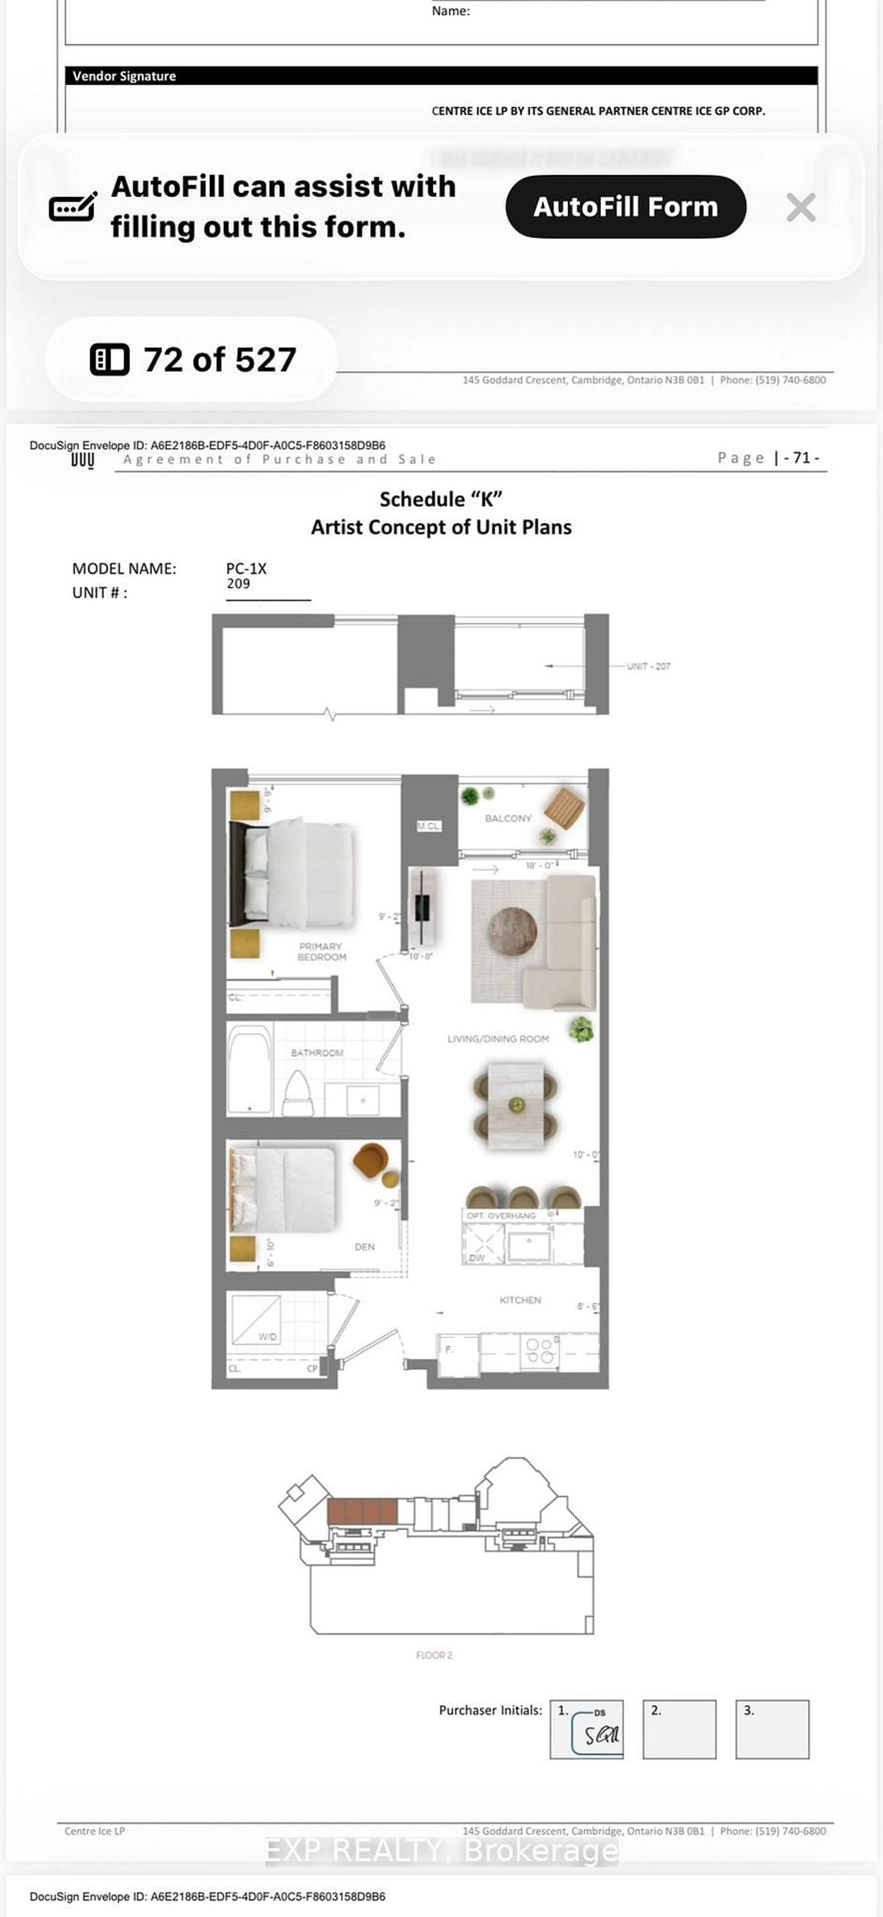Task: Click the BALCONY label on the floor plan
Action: [x=508, y=818]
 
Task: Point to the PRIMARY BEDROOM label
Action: [x=321, y=951]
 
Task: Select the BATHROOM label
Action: [x=317, y=1052]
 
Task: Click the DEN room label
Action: [x=364, y=1246]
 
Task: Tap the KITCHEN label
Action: [x=520, y=1299]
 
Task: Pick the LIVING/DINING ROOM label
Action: [x=498, y=1038]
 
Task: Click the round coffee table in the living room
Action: [x=513, y=930]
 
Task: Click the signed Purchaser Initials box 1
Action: [x=586, y=1729]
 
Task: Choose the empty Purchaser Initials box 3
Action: [x=772, y=1729]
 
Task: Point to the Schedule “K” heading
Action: [x=441, y=499]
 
